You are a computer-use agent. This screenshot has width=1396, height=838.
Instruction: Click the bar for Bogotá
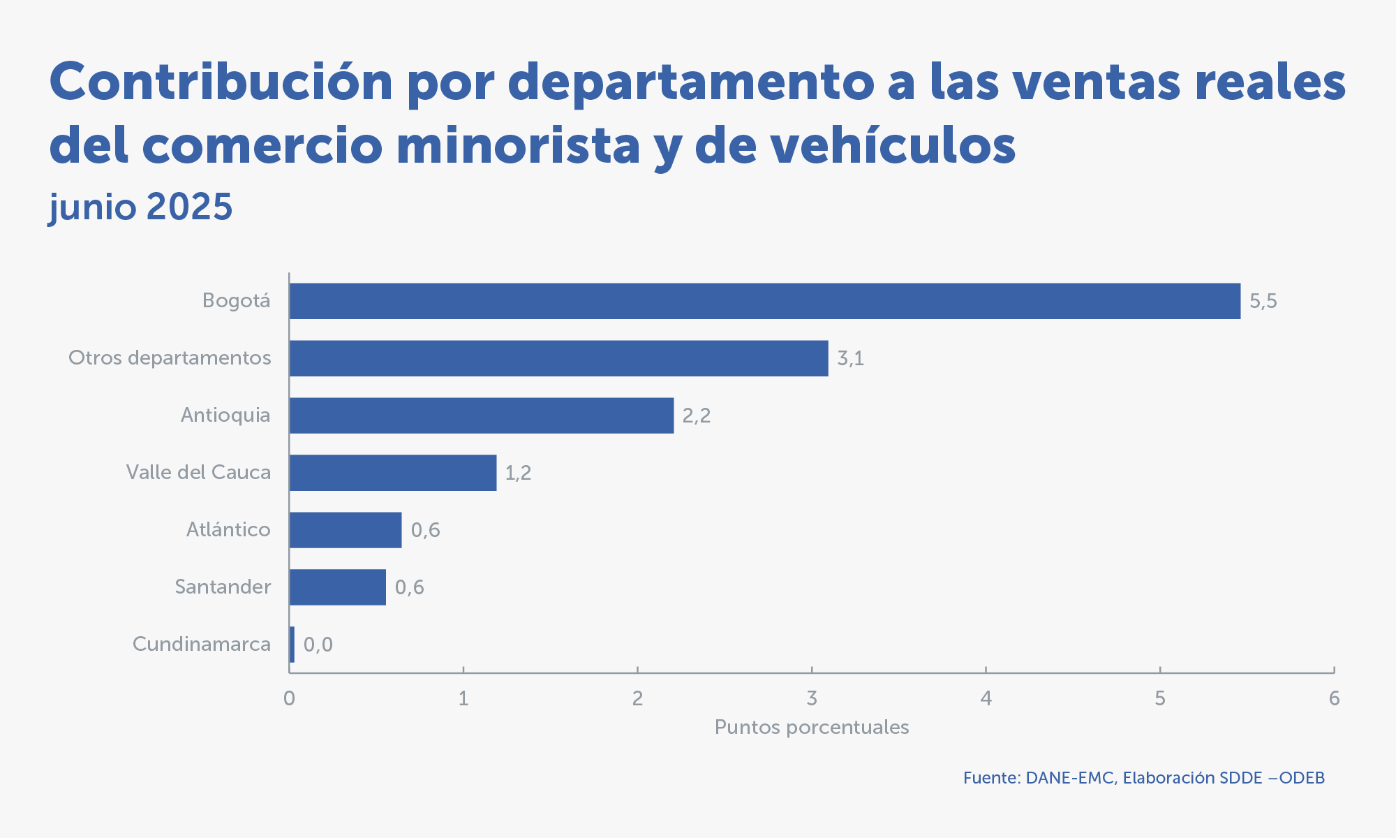point(764,301)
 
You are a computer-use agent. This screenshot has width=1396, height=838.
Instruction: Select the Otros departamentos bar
point(558,358)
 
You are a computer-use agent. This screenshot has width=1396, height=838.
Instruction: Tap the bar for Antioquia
point(482,416)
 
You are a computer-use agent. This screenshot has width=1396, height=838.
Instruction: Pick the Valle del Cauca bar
point(393,473)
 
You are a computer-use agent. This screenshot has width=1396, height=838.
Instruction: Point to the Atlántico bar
point(346,530)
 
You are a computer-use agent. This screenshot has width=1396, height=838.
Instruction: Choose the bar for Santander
point(338,587)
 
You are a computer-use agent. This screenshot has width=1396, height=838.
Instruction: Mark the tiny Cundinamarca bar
point(292,645)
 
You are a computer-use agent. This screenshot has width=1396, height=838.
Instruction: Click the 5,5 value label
point(1263,301)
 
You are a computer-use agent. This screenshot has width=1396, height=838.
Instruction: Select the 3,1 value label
point(850,358)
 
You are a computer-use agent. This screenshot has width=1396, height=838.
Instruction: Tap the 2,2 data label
point(696,416)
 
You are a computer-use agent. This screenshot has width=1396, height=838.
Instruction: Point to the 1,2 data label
point(518,473)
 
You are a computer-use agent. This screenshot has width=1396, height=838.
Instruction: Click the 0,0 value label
point(318,645)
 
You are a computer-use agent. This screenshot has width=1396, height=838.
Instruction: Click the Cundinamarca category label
point(202,644)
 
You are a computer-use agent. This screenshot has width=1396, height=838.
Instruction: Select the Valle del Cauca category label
point(198,472)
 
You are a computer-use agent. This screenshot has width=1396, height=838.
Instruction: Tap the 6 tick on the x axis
point(1334,698)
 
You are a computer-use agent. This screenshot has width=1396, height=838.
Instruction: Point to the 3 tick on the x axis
point(812,698)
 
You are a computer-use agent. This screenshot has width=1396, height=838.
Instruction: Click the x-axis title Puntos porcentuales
point(812,728)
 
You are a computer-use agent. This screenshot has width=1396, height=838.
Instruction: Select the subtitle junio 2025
point(141,207)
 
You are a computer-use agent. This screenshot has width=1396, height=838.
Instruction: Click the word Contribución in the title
point(221,82)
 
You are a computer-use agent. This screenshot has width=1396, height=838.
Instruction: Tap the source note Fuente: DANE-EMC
point(1143,778)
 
